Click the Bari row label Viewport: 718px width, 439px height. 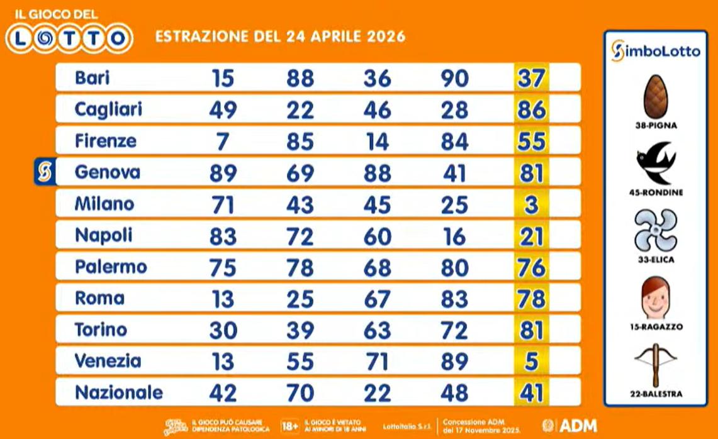click(x=92, y=78)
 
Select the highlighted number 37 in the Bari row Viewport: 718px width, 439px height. click(x=530, y=78)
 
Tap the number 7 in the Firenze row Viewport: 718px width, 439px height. click(x=223, y=141)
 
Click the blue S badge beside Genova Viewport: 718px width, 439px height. click(x=45, y=172)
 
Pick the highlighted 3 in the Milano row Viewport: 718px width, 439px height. click(x=530, y=204)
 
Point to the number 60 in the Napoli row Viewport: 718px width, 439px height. click(x=377, y=235)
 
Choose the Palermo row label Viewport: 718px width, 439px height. click(x=111, y=267)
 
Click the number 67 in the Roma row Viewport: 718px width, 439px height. click(x=377, y=298)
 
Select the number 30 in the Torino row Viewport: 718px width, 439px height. click(x=223, y=330)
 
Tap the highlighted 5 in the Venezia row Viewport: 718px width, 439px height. click(x=530, y=361)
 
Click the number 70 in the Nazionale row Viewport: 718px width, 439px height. click(x=300, y=392)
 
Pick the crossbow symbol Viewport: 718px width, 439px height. click(x=655, y=364)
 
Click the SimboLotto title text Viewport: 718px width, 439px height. click(x=655, y=51)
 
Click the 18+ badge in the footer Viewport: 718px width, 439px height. click(x=289, y=425)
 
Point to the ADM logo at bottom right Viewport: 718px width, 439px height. click(x=569, y=425)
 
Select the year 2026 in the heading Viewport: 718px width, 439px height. click(x=381, y=36)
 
